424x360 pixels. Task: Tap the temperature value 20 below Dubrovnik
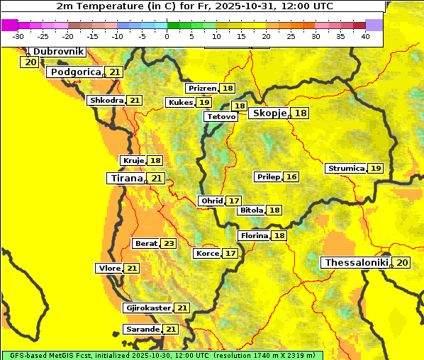(30, 62)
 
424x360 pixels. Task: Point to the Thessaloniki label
(357, 263)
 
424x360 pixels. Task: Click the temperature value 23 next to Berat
(168, 244)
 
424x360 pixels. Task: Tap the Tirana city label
(125, 179)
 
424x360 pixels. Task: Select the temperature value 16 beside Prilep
(291, 176)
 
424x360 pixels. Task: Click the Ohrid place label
(211, 201)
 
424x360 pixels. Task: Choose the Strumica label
(345, 169)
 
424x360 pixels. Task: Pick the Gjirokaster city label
(147, 308)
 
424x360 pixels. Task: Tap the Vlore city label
(109, 269)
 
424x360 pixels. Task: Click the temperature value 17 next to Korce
(230, 254)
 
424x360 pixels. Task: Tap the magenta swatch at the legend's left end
(9, 25)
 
